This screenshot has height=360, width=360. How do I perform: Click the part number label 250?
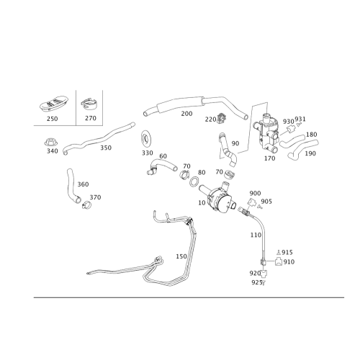[53, 119]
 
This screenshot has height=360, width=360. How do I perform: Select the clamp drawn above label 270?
[89, 104]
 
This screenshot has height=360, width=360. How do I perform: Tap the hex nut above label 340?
[51, 142]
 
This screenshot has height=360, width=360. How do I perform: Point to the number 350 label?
[106, 148]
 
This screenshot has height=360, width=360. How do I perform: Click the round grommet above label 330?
[145, 139]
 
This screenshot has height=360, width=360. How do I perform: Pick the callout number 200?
[186, 114]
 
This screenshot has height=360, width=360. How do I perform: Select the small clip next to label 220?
[222, 119]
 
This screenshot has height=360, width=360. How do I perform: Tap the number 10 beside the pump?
[202, 203]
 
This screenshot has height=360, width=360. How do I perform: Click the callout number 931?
[300, 119]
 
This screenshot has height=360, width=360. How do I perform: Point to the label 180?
[311, 135]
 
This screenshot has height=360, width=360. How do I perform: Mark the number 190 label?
[310, 153]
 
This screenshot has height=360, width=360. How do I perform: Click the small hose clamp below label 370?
[86, 205]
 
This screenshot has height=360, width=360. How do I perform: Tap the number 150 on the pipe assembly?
[181, 256]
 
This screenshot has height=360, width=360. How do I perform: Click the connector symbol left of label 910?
[279, 261]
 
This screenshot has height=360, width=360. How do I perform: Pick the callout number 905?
[266, 202]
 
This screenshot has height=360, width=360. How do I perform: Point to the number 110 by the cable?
[256, 235]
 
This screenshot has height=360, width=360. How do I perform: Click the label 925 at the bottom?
[256, 282]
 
